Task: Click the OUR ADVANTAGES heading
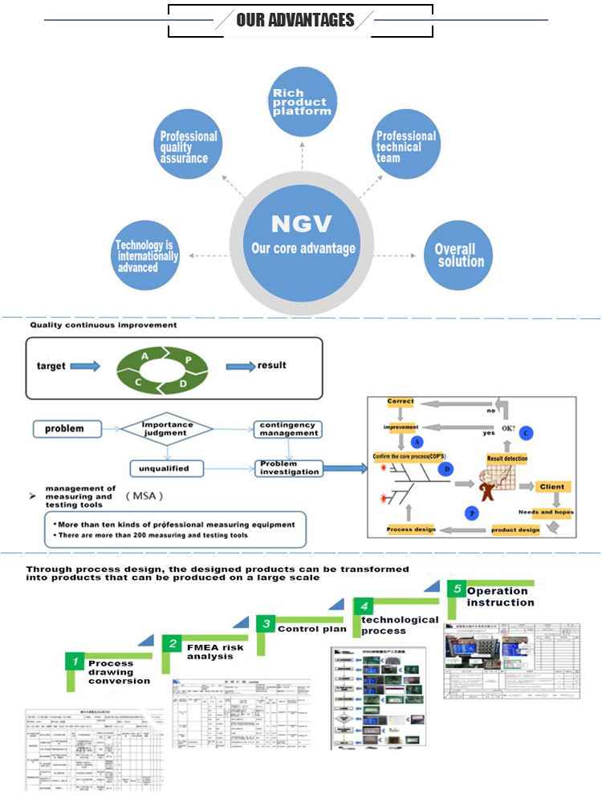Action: [295, 20]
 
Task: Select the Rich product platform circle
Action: [301, 102]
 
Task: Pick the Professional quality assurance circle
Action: [189, 148]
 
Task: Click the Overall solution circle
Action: [458, 255]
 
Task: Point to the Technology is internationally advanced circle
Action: [147, 255]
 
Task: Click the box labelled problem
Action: [69, 429]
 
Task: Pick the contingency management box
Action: [288, 429]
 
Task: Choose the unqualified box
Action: [167, 468]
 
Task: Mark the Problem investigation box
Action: [288, 468]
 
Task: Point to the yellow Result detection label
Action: [507, 458]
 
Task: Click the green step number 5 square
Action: [455, 589]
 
